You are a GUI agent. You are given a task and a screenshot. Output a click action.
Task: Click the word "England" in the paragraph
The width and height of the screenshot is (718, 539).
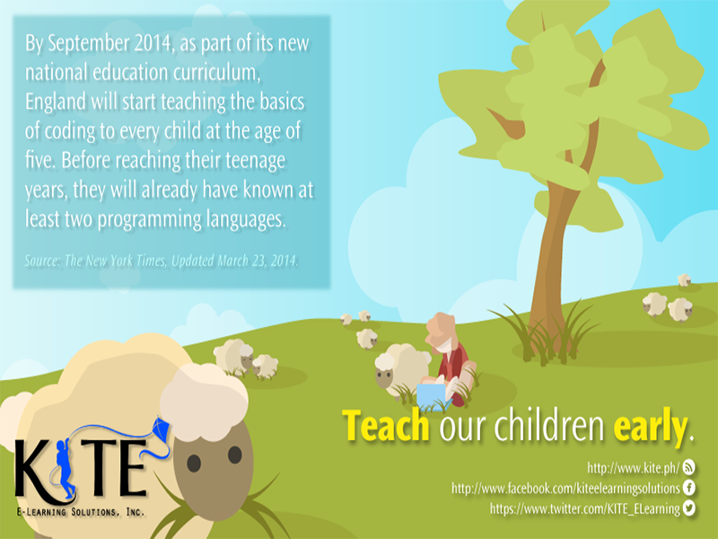pos(56,102)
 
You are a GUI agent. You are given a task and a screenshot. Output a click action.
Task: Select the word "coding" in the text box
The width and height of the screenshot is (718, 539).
pos(72,131)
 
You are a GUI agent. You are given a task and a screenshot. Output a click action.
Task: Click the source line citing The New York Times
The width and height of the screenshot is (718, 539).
pos(162,261)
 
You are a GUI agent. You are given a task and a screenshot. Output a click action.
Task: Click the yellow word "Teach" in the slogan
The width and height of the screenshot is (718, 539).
pos(386,425)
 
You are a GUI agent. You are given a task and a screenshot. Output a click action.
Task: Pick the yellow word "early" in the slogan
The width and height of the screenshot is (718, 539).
pos(650,427)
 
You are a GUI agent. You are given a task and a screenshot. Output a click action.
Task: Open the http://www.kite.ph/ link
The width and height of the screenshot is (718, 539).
pos(634,468)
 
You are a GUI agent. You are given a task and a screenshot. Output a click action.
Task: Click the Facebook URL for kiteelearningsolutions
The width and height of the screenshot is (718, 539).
pos(565,488)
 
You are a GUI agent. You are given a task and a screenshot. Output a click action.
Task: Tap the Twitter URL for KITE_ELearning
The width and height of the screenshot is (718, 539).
pos(585,508)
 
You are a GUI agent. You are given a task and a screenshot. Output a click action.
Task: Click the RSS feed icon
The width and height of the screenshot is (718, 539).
pos(688,467)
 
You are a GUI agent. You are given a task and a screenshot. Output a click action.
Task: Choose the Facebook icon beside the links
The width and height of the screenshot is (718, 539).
pos(688,487)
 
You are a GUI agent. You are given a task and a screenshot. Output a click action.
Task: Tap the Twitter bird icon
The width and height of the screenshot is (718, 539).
pos(688,508)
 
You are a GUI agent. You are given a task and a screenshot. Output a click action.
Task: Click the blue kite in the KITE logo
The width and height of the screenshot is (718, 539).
pos(161,429)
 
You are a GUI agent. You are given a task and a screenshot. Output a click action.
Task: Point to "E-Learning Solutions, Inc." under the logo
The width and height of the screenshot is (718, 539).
pos(81,511)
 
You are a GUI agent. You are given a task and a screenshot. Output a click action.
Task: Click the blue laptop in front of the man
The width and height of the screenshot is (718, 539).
pos(433,395)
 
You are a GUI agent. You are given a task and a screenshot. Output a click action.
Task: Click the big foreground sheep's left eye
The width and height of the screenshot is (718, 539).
pos(194,464)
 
